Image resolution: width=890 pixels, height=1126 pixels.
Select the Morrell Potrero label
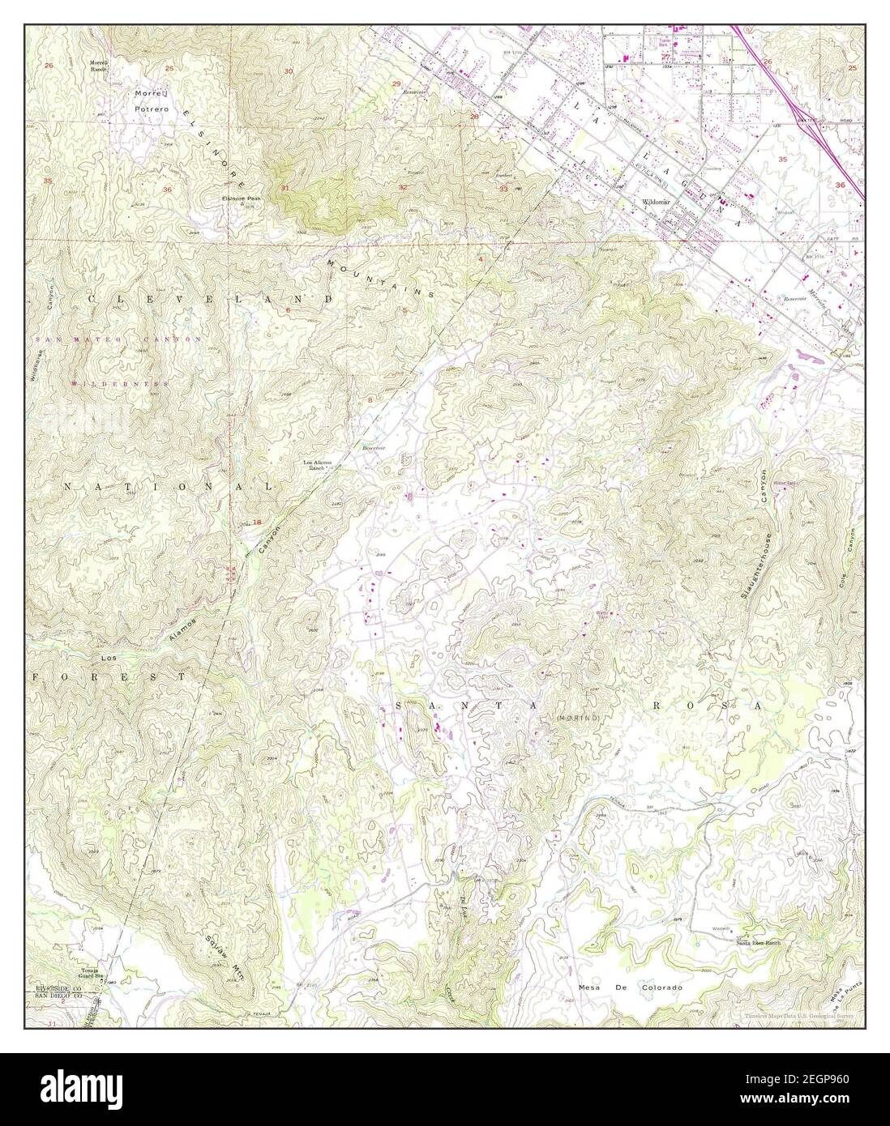tap(152, 100)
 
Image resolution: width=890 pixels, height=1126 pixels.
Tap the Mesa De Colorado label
tap(631, 987)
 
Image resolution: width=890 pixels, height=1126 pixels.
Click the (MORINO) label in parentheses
tap(578, 719)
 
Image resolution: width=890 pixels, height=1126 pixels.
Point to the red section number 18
tap(257, 523)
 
